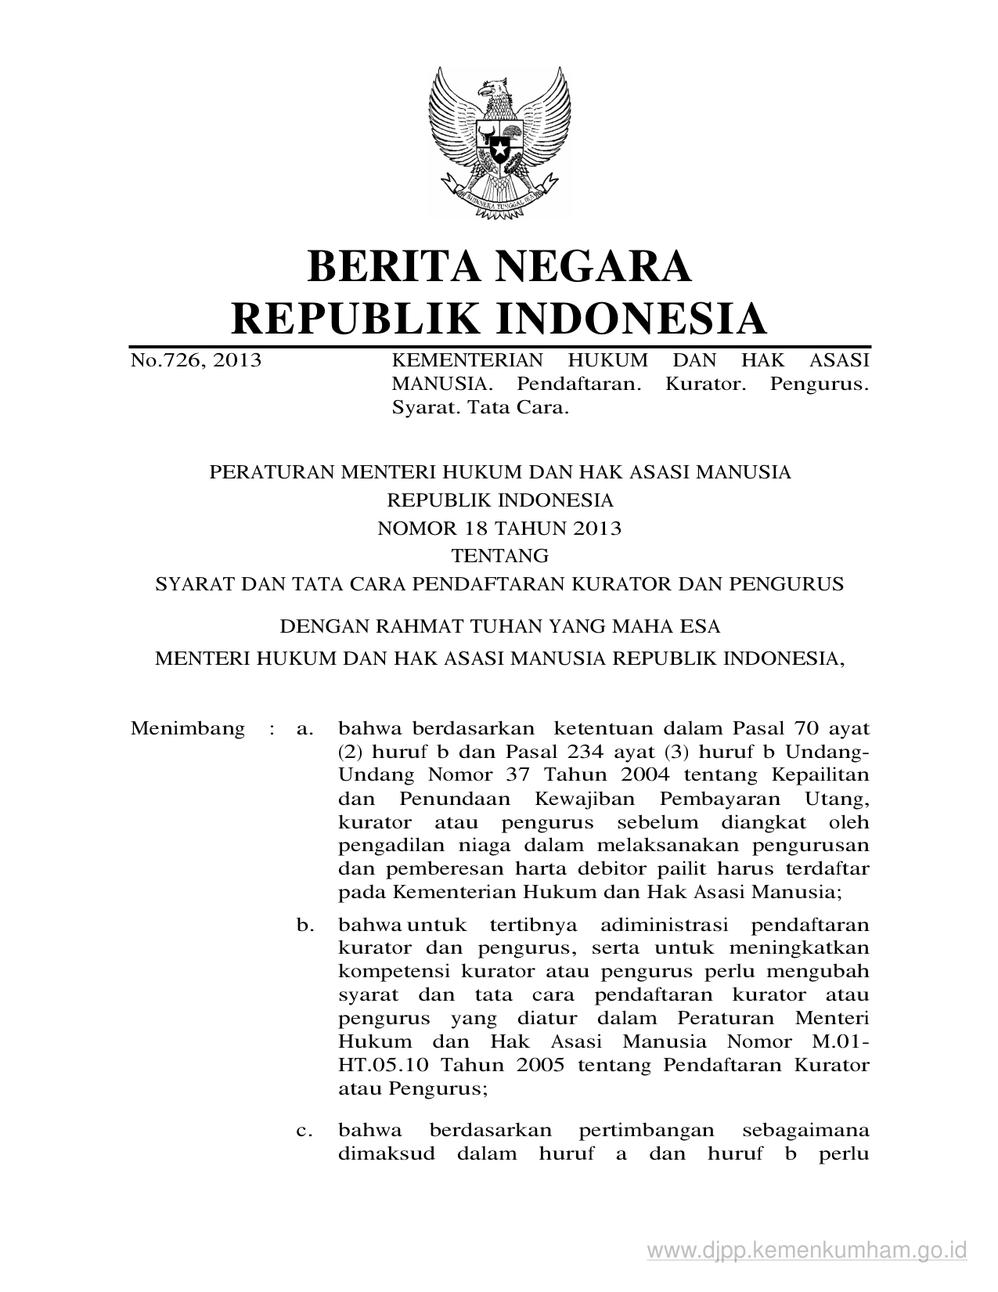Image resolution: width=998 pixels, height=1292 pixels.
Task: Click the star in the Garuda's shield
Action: point(499,146)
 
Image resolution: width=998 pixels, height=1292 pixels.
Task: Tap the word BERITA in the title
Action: point(386,266)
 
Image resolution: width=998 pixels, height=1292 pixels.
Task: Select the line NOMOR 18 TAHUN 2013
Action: point(499,529)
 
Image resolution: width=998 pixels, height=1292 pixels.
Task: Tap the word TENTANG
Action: point(499,556)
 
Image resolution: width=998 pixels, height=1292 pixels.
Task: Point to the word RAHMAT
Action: point(404,626)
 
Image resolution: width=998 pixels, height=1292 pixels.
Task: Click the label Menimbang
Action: point(188,729)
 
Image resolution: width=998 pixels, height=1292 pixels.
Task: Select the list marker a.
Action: point(305,729)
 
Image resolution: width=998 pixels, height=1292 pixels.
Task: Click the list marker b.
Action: point(305,926)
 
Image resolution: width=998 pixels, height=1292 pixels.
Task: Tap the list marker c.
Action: point(305,1130)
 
